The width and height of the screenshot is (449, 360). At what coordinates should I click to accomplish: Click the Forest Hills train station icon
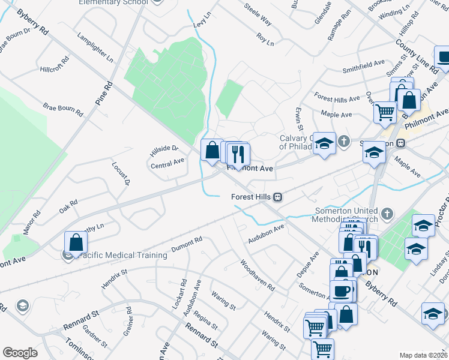(x=278, y=197)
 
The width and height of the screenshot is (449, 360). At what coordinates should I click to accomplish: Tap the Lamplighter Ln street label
(x=95, y=47)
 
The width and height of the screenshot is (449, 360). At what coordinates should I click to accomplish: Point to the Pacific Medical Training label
(x=122, y=255)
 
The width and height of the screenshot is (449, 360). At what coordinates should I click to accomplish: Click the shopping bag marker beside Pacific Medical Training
(x=76, y=243)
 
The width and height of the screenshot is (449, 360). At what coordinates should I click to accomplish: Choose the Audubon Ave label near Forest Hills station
(x=266, y=233)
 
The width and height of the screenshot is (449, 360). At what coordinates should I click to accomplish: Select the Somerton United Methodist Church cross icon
(x=387, y=212)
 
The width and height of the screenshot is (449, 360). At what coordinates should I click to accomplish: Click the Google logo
(x=20, y=353)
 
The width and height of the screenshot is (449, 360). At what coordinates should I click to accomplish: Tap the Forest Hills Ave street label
(x=336, y=97)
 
